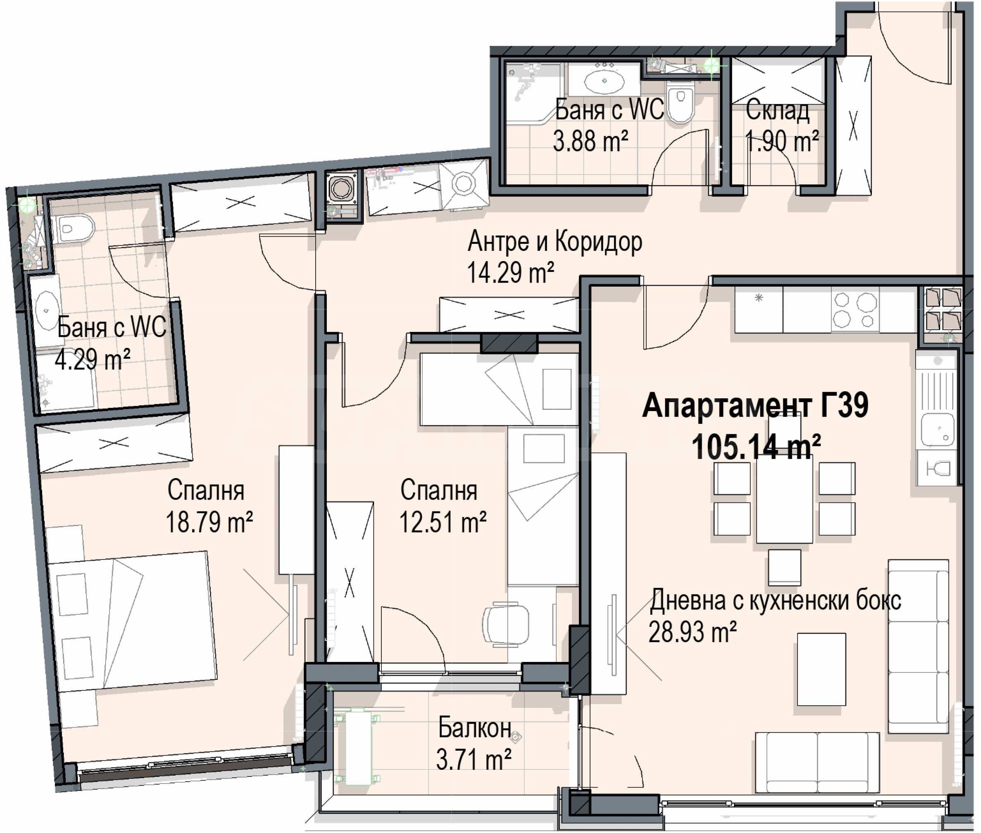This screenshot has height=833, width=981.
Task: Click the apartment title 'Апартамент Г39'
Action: click(755, 406)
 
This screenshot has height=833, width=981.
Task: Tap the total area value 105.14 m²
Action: click(756, 447)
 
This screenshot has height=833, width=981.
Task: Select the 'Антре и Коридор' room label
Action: click(555, 242)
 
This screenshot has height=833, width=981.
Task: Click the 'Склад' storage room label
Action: click(777, 110)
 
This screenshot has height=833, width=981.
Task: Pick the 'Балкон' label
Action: click(474, 728)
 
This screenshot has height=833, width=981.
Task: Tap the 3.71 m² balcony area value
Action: click(473, 760)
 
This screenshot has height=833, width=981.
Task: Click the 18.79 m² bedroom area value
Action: click(209, 522)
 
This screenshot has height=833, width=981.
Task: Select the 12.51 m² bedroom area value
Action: click(443, 522)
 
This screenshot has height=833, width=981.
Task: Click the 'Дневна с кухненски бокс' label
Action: click(776, 601)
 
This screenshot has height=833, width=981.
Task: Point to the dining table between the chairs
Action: click(784, 502)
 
